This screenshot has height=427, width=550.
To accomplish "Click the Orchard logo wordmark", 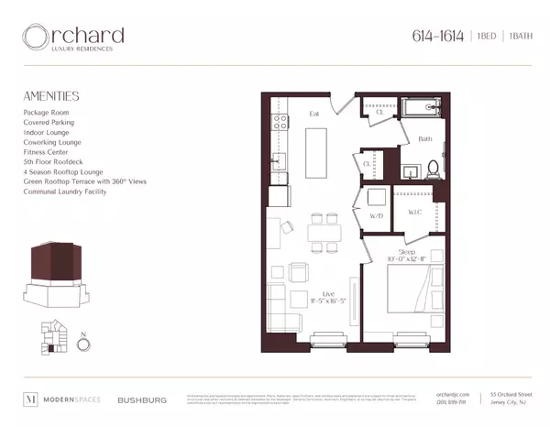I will pos(73,38).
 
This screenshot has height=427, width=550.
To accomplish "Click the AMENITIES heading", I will pos(51,95).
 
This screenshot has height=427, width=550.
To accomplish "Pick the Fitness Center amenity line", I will pos(48,152).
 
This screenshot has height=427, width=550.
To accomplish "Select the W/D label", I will pos(376,215).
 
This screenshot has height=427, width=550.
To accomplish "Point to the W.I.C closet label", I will pos(413,212).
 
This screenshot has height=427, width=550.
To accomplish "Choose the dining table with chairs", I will pos(318,230).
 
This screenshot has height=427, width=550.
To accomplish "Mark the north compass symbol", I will pos(83,345).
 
